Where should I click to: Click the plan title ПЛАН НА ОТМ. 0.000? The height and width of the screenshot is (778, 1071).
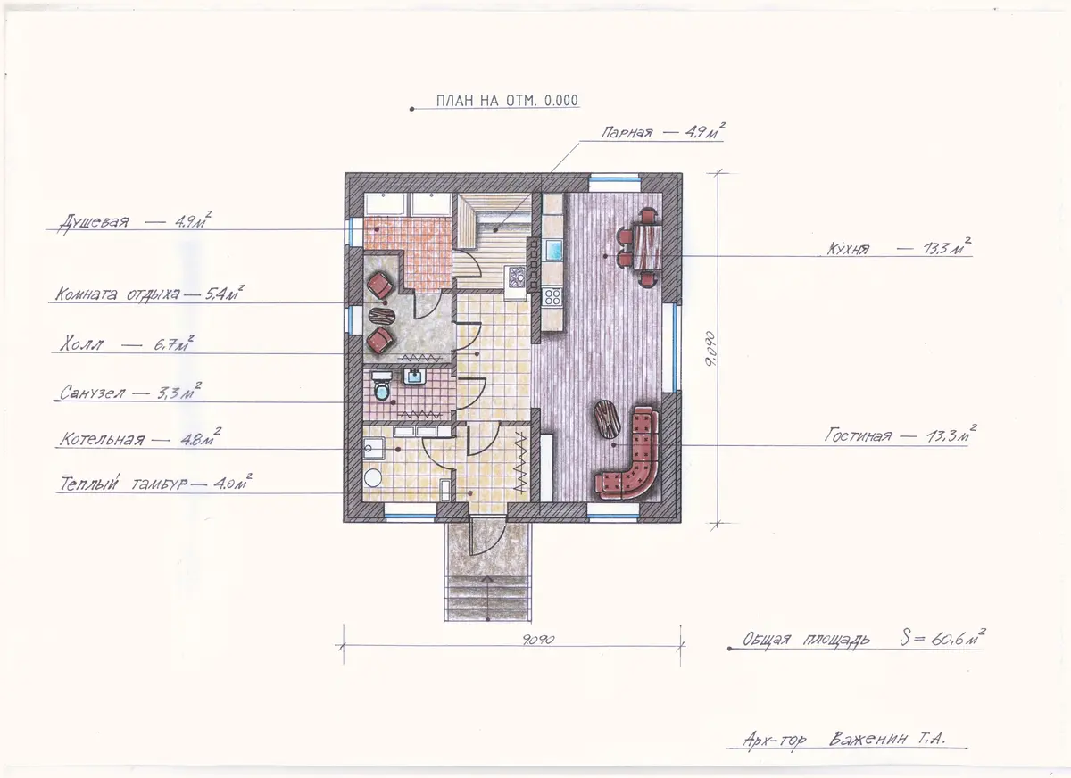click(x=507, y=100)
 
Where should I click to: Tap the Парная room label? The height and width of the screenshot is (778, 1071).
click(x=627, y=132)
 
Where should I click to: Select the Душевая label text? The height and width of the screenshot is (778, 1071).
click(x=94, y=222)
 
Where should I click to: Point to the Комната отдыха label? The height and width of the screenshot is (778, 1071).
click(x=118, y=294)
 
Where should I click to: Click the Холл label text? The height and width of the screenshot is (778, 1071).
click(x=82, y=344)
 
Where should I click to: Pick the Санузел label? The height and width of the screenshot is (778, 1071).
click(x=92, y=393)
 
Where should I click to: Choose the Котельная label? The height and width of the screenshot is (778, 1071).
click(x=102, y=439)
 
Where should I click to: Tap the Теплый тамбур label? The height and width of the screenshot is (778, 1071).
click(x=123, y=484)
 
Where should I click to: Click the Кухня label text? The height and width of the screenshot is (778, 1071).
click(x=848, y=249)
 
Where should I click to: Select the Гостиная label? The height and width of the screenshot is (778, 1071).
click(x=859, y=435)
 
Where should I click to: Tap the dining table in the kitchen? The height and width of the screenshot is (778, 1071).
click(x=647, y=247)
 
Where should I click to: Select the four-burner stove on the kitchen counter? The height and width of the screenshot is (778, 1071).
click(x=552, y=296)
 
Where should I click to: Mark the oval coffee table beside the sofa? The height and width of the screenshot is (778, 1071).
click(x=606, y=418)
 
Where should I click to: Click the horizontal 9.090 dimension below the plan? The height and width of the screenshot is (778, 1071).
click(x=538, y=640)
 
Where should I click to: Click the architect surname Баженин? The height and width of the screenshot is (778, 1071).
click(x=868, y=740)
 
